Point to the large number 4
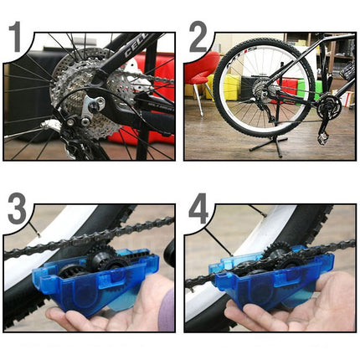pos(198,209)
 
